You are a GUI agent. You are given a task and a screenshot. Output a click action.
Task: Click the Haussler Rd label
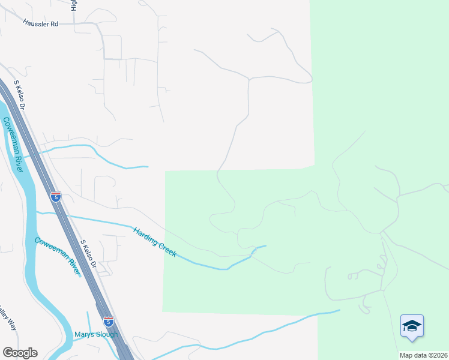point(41,24)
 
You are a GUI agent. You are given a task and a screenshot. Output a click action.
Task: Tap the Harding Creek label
point(155,242)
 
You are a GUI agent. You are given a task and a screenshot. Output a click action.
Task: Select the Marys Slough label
point(96,334)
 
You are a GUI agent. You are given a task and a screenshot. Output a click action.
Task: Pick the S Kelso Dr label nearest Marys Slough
point(89,254)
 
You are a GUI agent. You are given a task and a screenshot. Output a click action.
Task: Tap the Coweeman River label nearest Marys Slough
point(58,256)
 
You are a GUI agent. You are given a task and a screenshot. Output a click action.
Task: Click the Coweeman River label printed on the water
point(13,144)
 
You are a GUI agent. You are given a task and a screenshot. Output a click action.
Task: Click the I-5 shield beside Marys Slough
point(108,322)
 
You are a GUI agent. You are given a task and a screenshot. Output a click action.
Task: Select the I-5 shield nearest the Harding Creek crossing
point(56,196)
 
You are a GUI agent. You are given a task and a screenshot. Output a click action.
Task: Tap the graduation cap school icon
point(412,327)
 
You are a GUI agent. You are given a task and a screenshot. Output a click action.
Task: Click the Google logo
point(20,353)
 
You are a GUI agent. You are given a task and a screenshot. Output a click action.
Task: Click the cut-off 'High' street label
point(74,5)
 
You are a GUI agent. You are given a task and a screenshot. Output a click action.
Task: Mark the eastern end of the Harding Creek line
point(266,245)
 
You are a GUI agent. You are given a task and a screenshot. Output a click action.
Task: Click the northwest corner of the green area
point(166,172)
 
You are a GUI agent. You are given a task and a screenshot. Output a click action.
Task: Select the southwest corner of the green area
point(163,311)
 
